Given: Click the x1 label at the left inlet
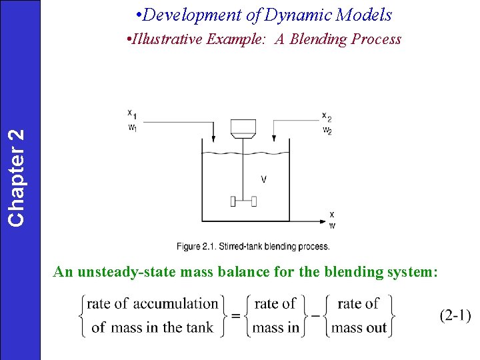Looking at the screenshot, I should click(x=133, y=115).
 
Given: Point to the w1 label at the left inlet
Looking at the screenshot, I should click(x=133, y=127).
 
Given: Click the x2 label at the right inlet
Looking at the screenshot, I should click(x=327, y=117).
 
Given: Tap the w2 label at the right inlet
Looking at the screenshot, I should click(x=327, y=129).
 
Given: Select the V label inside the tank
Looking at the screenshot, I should click(x=264, y=179).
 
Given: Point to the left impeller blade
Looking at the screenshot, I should click(x=233, y=201).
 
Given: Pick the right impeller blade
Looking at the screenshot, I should click(x=254, y=201).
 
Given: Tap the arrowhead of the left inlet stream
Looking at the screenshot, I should click(x=213, y=140).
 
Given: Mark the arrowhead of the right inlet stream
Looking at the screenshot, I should click(x=274, y=140).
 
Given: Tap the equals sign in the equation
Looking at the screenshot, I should click(x=235, y=315).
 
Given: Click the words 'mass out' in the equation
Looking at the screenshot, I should click(x=359, y=327).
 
